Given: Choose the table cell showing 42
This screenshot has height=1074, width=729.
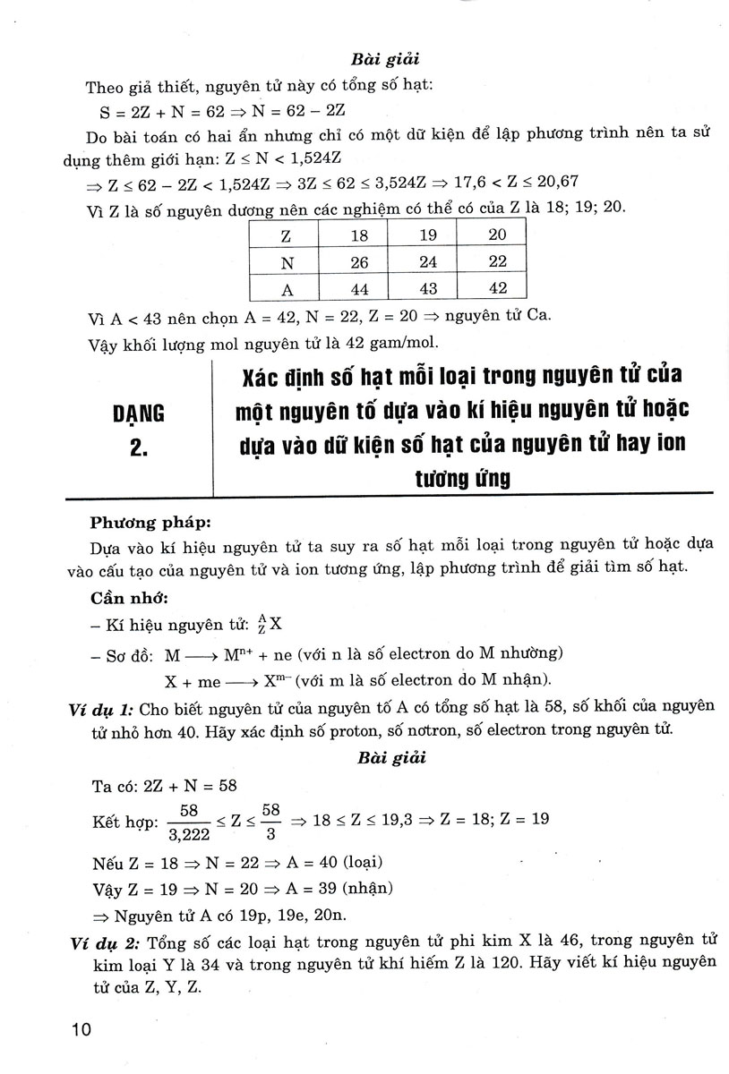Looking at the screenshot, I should pyautogui.click(x=497, y=288).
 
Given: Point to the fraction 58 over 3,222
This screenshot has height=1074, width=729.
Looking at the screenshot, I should pyautogui.click(x=188, y=822).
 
